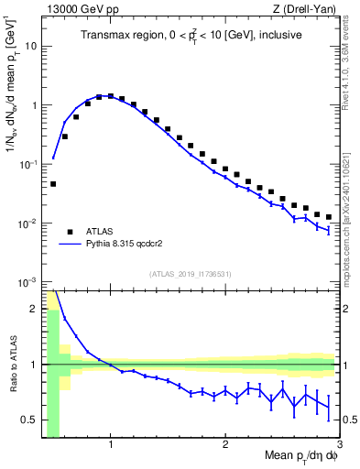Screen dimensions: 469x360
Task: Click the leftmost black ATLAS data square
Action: tap(53, 184)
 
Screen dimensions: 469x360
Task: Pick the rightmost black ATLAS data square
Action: tap(329, 217)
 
